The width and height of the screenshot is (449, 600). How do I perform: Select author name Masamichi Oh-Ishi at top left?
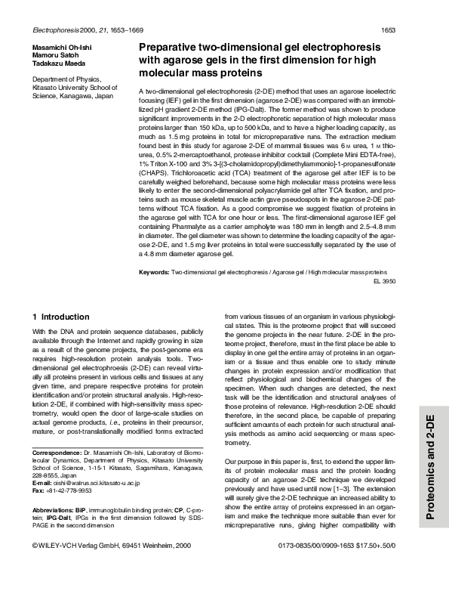pos(62,47)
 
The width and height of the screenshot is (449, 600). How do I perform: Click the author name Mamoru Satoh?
pos(55,55)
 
